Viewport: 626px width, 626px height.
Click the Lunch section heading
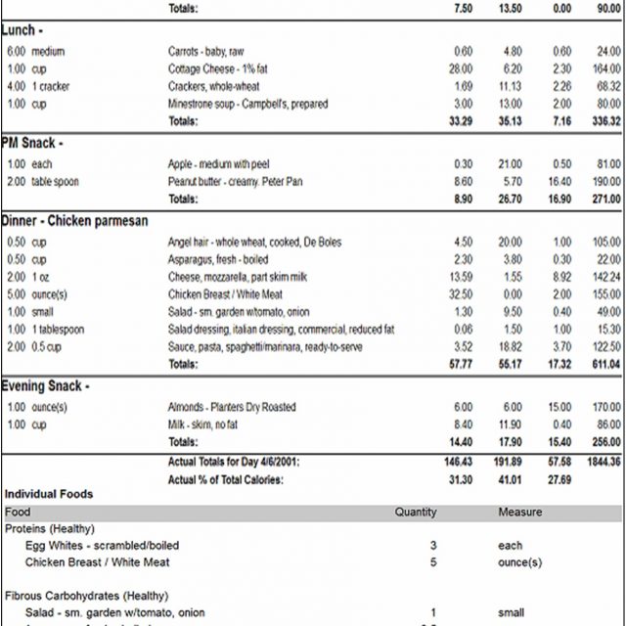pyautogui.click(x=22, y=30)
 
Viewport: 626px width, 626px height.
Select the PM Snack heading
pyautogui.click(x=30, y=143)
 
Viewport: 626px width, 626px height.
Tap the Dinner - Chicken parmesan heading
pyautogui.click(x=74, y=221)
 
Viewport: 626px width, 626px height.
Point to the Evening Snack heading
pyautogui.click(x=46, y=386)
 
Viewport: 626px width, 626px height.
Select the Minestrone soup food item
pyautogui.click(x=247, y=104)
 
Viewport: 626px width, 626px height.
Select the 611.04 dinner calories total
pyautogui.click(x=603, y=364)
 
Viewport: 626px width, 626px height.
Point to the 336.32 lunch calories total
pyautogui.click(x=603, y=122)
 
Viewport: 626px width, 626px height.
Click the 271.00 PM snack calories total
pyautogui.click(x=603, y=199)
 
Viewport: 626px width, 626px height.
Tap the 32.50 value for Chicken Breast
pyautogui.click(x=459, y=294)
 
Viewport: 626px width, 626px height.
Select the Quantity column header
pyautogui.click(x=416, y=513)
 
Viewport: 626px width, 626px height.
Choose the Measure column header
pyautogui.click(x=519, y=513)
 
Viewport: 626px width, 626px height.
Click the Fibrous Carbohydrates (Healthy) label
pyautogui.click(x=71, y=595)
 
